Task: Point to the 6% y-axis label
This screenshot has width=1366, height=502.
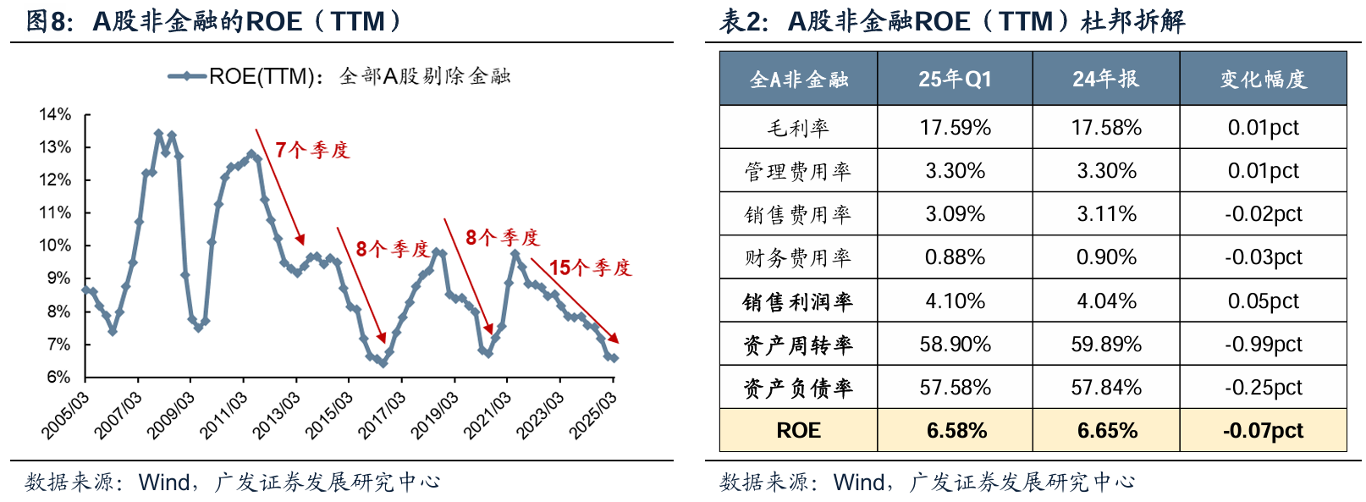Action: [58, 377]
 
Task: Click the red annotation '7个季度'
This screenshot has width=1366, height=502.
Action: [312, 151]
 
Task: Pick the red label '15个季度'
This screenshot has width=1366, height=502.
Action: [590, 268]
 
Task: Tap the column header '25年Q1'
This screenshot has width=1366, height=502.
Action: [955, 79]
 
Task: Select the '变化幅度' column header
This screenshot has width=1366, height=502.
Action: [1263, 79]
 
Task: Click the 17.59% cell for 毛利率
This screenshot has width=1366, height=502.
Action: [955, 128]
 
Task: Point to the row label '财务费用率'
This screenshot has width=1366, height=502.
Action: [797, 257]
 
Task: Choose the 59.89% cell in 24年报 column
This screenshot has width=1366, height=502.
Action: [1106, 345]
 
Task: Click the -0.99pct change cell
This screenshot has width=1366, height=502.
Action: [1263, 345]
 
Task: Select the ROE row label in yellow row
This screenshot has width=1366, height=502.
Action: [798, 431]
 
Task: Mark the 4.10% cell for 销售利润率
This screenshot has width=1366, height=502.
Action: [955, 301]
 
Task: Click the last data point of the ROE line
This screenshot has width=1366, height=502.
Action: [614, 358]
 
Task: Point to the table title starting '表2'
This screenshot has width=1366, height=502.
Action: [952, 20]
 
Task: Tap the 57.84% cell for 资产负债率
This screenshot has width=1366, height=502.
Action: [1106, 388]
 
